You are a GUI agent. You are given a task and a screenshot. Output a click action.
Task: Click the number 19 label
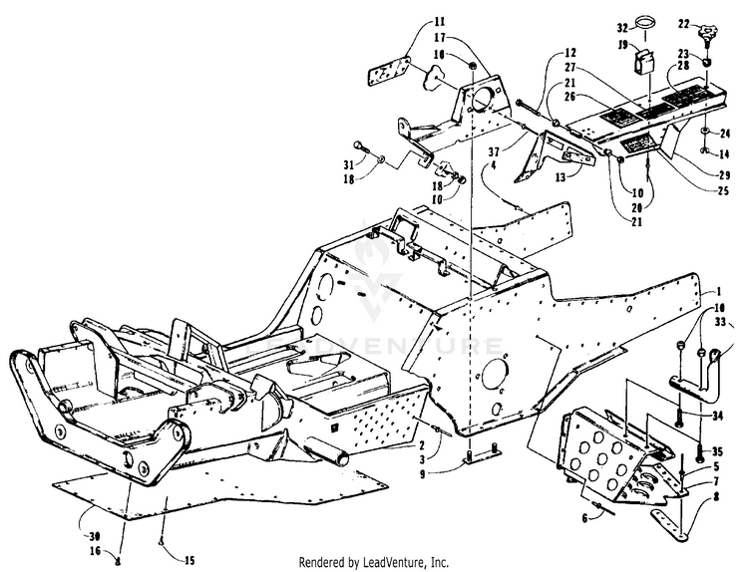(x=591, y=46)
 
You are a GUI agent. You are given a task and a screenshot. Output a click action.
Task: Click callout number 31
(x=348, y=163)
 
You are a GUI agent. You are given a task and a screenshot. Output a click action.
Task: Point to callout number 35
(x=715, y=450)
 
